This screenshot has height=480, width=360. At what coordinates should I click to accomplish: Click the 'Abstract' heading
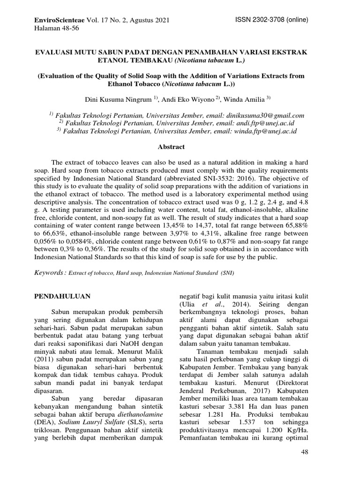coord(171,147)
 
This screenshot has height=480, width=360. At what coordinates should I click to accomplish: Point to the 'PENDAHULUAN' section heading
coord(63,296)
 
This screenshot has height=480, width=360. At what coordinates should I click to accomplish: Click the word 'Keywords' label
coord(50,273)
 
